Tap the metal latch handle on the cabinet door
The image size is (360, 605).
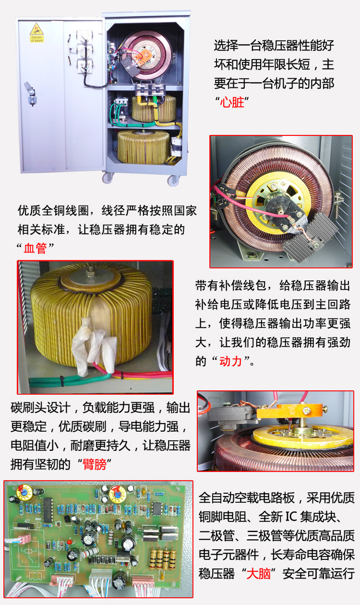coord(30,93)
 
